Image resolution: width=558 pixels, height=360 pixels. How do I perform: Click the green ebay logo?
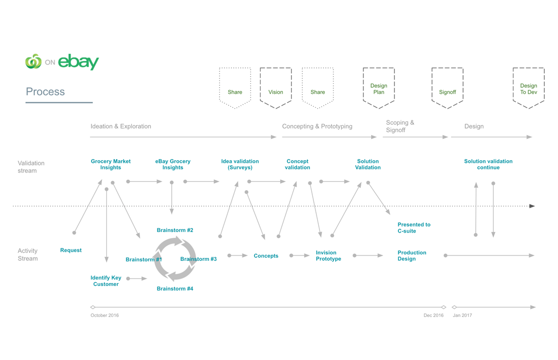pyautogui.click(x=78, y=62)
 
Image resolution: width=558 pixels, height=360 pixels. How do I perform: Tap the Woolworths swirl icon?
pyautogui.click(x=33, y=61)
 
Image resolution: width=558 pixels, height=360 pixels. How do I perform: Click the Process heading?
pyautogui.click(x=45, y=92)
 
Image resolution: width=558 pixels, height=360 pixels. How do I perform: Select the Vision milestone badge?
pyautogui.click(x=276, y=88)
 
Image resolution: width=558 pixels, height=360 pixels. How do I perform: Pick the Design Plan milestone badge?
pyautogui.click(x=379, y=88)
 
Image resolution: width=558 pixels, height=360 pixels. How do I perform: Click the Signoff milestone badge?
pyautogui.click(x=447, y=88)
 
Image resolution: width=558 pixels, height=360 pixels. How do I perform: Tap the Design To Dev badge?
pyautogui.click(x=529, y=88)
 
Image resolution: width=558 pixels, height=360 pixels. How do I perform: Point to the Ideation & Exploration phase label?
pyautogui.click(x=120, y=126)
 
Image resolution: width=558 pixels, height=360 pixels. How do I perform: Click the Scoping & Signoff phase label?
pyautogui.click(x=400, y=126)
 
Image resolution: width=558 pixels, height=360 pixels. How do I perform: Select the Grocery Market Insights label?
pyautogui.click(x=111, y=164)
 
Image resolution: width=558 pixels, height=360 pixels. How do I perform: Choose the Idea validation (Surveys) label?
pyautogui.click(x=240, y=164)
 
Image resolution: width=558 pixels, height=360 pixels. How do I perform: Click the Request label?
pyautogui.click(x=71, y=251)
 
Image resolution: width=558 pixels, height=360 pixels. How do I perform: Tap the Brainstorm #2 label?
pyautogui.click(x=175, y=230)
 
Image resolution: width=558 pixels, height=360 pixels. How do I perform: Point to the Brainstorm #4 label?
pyautogui.click(x=175, y=289)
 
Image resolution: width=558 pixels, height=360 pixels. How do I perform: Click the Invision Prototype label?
pyautogui.click(x=329, y=256)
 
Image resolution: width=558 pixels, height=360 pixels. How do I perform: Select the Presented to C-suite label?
pyautogui.click(x=414, y=228)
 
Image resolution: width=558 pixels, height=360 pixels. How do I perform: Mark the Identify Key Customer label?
pyautogui.click(x=106, y=281)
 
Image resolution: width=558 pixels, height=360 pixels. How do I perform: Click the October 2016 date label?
pyautogui.click(x=105, y=315)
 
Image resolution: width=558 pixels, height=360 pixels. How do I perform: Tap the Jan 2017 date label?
pyautogui.click(x=462, y=315)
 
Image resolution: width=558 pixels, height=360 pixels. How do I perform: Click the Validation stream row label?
pyautogui.click(x=31, y=167)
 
